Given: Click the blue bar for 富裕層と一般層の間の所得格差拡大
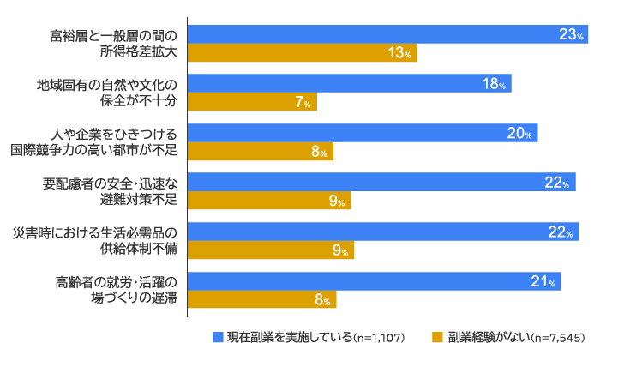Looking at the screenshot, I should click(x=386, y=34).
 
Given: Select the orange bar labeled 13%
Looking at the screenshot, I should click(x=300, y=53).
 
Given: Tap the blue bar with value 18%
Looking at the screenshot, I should click(x=348, y=84).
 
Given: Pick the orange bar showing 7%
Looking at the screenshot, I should click(x=252, y=102).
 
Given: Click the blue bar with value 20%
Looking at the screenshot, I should click(x=362, y=133).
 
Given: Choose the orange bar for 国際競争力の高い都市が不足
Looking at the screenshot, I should click(x=260, y=152).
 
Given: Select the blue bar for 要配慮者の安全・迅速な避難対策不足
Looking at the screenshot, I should click(x=381, y=182).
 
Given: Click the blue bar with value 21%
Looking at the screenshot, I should click(x=374, y=281).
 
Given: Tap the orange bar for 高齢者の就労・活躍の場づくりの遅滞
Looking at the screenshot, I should click(x=261, y=299).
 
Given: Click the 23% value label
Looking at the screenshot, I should click(x=571, y=34).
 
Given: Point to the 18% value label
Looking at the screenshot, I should click(x=495, y=84).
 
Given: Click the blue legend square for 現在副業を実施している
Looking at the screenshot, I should click(x=219, y=337).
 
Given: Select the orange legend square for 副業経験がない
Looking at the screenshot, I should click(x=437, y=337).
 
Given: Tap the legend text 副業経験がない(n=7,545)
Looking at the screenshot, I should click(x=516, y=337).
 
